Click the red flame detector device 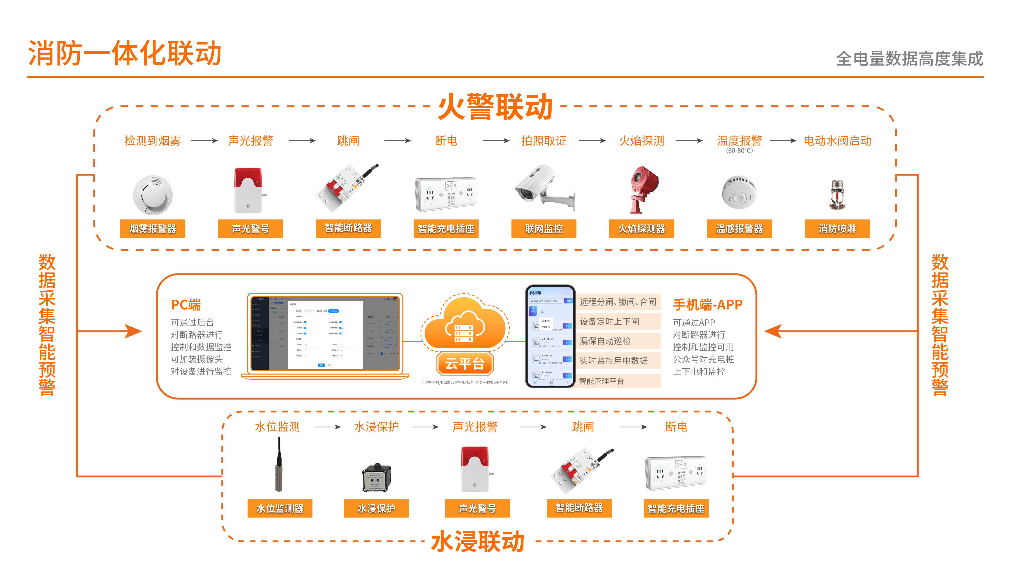tap(642, 189)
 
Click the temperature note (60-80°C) tap(739, 151)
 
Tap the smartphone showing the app tap(550, 336)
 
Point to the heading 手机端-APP tap(708, 305)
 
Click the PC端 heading tap(186, 305)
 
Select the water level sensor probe tap(279, 465)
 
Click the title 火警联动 tap(495, 107)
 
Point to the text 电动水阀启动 tap(837, 141)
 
